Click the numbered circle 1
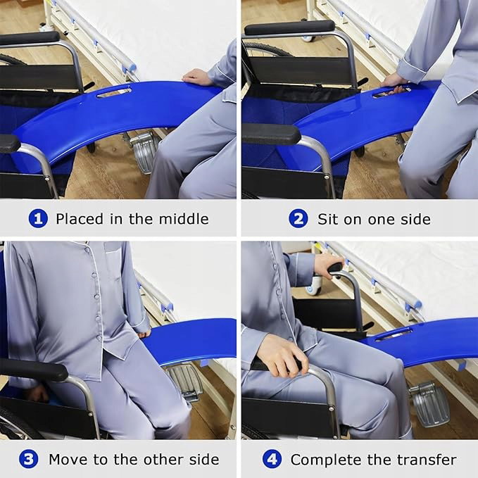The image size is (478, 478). click(x=38, y=218)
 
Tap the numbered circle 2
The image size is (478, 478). click(x=298, y=218)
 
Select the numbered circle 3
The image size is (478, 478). click(x=28, y=460)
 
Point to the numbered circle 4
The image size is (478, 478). click(x=272, y=460)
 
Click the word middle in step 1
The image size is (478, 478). click(x=184, y=219)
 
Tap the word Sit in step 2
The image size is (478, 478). click(x=329, y=219)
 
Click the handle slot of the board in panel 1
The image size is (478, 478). click(x=114, y=92)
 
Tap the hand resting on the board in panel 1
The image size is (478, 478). click(x=196, y=77)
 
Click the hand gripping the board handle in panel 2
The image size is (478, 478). click(x=395, y=83)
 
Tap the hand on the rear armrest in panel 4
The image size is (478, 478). click(x=329, y=265)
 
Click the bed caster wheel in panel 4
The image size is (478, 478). click(x=314, y=287)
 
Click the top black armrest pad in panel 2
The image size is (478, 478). click(x=289, y=27)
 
